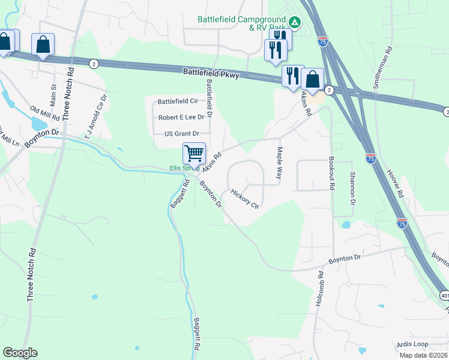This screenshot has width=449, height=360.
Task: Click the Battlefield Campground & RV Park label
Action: (242, 23)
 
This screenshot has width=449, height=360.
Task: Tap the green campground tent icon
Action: (294, 23)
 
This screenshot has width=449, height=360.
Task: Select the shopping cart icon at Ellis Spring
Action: (194, 154)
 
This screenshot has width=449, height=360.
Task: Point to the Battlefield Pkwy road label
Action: (211, 74)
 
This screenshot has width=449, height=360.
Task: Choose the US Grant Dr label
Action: (181, 133)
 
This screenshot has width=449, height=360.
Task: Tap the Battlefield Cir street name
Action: (178, 101)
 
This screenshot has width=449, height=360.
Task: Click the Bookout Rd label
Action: (331, 173)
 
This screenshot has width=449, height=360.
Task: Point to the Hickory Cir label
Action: (244, 199)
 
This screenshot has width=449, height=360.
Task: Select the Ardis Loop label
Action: (412, 344)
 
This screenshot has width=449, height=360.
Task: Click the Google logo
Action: (20, 353)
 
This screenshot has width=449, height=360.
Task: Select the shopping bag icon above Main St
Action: (43, 44)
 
